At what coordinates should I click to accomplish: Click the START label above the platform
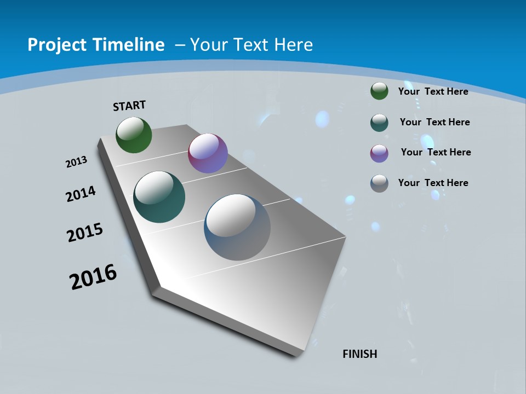pyautogui.click(x=129, y=106)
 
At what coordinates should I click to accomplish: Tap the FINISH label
pyautogui.click(x=360, y=354)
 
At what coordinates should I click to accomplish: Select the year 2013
pyautogui.click(x=76, y=162)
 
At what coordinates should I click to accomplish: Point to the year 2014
pyautogui.click(x=81, y=194)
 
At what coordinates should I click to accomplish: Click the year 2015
pyautogui.click(x=85, y=233)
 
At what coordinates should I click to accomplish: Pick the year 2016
pyautogui.click(x=93, y=277)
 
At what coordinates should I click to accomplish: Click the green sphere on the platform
pyautogui.click(x=134, y=135)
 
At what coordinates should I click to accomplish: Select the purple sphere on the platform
pyautogui.click(x=208, y=153)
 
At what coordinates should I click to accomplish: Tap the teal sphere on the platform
pyautogui.click(x=159, y=197)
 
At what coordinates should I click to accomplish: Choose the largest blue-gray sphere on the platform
pyautogui.click(x=237, y=227)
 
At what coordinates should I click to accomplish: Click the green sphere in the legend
pyautogui.click(x=379, y=91)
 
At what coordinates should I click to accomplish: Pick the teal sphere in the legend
pyautogui.click(x=379, y=123)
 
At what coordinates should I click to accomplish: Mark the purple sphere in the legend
pyautogui.click(x=379, y=153)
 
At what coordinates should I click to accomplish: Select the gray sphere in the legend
pyautogui.click(x=379, y=183)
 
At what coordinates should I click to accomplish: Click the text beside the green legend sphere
pyautogui.click(x=433, y=91)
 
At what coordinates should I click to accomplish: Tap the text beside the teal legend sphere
pyautogui.click(x=434, y=122)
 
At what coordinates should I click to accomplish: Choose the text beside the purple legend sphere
pyautogui.click(x=436, y=152)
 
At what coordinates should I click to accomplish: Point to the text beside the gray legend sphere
pyautogui.click(x=433, y=183)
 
